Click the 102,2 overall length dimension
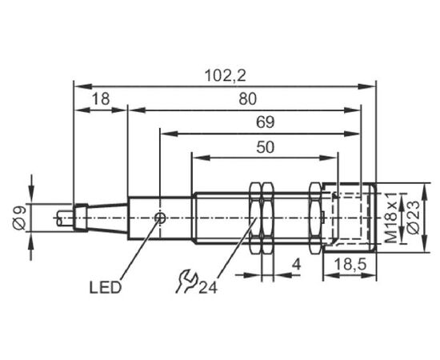click(x=226, y=75)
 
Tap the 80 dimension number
click(x=248, y=98)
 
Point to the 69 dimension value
click(x=265, y=122)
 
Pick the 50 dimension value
click(x=265, y=147)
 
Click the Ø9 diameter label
click(x=20, y=218)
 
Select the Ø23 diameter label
click(x=413, y=218)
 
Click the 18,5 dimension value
click(x=350, y=264)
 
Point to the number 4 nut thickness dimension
click(x=296, y=264)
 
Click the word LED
click(x=106, y=288)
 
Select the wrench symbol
click(x=186, y=281)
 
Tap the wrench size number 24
click(x=208, y=288)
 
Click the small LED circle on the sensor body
click(x=161, y=218)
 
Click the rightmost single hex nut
click(x=315, y=218)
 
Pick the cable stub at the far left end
click(x=65, y=218)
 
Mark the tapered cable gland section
click(x=108, y=218)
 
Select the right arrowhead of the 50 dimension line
click(x=328, y=158)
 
